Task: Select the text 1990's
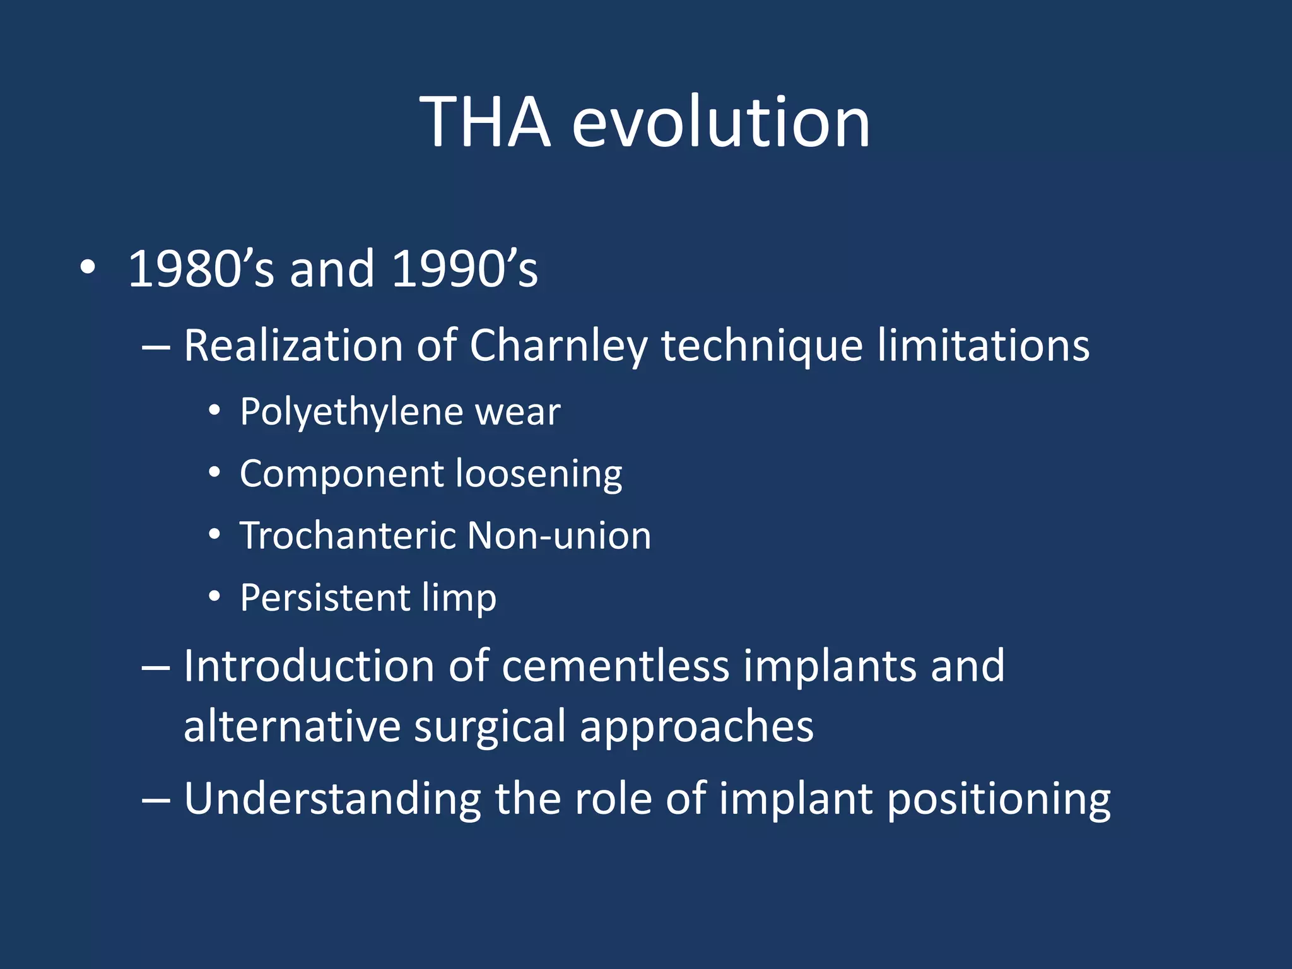point(464,269)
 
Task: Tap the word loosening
point(539,474)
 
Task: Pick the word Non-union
point(560,536)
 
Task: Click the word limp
point(459,598)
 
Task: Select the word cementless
point(616,666)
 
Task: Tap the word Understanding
point(332,799)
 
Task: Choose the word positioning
point(999,800)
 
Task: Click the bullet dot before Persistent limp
point(214,596)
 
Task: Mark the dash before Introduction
point(156,667)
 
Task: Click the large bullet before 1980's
point(88,267)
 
